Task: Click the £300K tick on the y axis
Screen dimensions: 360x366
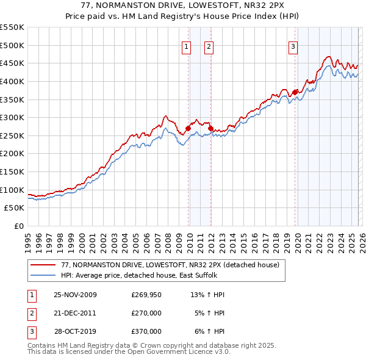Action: pos(12,117)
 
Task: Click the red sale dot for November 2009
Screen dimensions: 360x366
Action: pos(188,128)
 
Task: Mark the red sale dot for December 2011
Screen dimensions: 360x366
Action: pos(210,128)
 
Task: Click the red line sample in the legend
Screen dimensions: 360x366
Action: pos(43,265)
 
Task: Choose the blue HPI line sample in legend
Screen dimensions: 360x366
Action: pos(43,275)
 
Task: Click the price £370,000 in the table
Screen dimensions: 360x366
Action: pos(146,331)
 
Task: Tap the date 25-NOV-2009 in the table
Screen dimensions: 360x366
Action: pos(75,295)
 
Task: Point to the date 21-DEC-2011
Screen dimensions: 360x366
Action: pos(75,313)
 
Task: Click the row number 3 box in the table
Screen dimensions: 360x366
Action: pos(31,331)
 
